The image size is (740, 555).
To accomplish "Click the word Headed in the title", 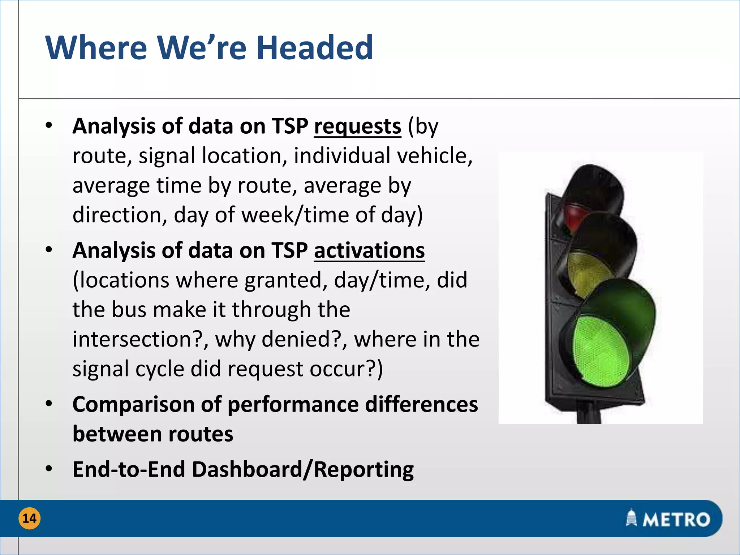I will point(314,48).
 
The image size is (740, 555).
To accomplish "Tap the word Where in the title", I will point(96,48).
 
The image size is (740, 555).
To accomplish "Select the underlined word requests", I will point(357,126).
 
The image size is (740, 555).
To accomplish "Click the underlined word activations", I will point(369,250).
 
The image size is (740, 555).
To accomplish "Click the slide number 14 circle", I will point(29,519).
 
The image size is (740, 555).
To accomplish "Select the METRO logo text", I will point(676,520).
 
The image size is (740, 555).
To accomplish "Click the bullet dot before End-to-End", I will point(49,469).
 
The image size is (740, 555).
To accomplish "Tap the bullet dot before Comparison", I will point(49,404).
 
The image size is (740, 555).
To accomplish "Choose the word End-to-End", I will point(129,469).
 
